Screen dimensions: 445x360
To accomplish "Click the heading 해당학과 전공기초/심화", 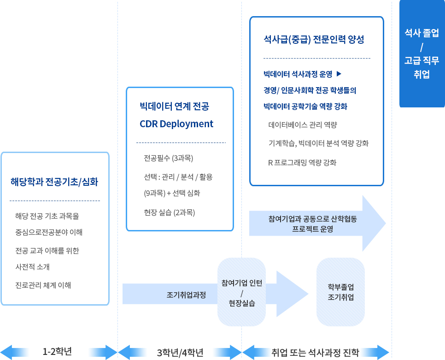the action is pyautogui.click(x=54, y=182).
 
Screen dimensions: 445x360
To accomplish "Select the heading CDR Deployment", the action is pyautogui.click(x=176, y=124).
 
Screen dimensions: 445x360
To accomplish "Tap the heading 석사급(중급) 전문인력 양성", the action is pyautogui.click(x=314, y=39).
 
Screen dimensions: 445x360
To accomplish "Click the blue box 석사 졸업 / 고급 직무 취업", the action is pyautogui.click(x=422, y=53).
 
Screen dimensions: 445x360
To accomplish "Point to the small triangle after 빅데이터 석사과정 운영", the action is pyautogui.click(x=339, y=74).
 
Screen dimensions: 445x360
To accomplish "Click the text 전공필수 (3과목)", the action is pyautogui.click(x=168, y=158).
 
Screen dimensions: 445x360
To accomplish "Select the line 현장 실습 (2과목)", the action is pyautogui.click(x=169, y=212).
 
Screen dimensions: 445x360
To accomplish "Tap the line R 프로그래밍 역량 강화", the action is pyautogui.click(x=302, y=163).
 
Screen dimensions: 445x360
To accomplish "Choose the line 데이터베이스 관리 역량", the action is pyautogui.click(x=303, y=124).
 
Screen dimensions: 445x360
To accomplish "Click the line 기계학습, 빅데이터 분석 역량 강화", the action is pyautogui.click(x=318, y=143).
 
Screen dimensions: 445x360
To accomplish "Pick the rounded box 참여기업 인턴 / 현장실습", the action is pyautogui.click(x=241, y=292).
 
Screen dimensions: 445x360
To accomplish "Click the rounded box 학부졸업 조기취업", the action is pyautogui.click(x=340, y=292).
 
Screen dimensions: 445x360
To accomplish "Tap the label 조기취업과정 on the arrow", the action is pyautogui.click(x=186, y=295).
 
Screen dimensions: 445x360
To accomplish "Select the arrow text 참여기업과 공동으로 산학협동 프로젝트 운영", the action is pyautogui.click(x=312, y=224).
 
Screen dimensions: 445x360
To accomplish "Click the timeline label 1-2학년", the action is pyautogui.click(x=57, y=352).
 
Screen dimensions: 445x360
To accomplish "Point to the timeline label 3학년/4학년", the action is pyautogui.click(x=180, y=353).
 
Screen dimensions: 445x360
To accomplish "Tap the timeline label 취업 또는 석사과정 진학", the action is pyautogui.click(x=315, y=353).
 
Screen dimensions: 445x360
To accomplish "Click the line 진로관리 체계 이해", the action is pyautogui.click(x=43, y=285).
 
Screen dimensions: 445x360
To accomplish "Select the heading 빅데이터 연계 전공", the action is pyautogui.click(x=174, y=106).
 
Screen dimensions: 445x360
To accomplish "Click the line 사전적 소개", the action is pyautogui.click(x=32, y=267).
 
